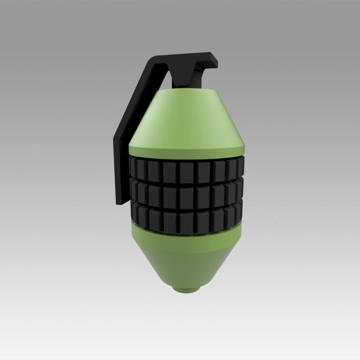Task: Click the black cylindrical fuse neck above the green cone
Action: point(182,81)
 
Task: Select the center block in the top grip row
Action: point(187,169)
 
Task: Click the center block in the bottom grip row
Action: point(187,220)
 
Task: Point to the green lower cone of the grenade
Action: point(187,265)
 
